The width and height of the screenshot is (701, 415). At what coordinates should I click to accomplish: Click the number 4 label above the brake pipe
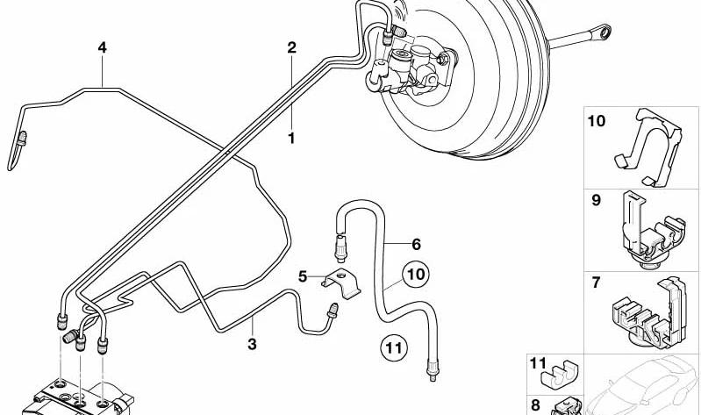pyautogui.click(x=103, y=47)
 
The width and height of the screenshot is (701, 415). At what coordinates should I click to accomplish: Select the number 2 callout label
pyautogui.click(x=291, y=47)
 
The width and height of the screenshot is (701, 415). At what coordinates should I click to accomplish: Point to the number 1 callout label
pyautogui.click(x=291, y=138)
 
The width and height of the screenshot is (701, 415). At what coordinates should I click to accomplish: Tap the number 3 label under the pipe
pyautogui.click(x=252, y=344)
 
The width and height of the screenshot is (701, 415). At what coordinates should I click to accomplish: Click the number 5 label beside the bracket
pyautogui.click(x=303, y=277)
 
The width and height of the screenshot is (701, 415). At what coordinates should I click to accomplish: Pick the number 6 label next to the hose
pyautogui.click(x=416, y=244)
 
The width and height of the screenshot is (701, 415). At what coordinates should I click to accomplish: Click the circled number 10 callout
pyautogui.click(x=415, y=274)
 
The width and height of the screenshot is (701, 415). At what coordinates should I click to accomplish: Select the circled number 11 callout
pyautogui.click(x=394, y=347)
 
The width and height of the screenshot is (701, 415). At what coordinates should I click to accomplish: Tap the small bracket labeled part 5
pyautogui.click(x=341, y=283)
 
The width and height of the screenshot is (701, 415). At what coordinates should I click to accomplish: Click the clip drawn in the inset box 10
pyautogui.click(x=650, y=147)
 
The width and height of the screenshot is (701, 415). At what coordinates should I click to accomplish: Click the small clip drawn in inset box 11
pyautogui.click(x=560, y=372)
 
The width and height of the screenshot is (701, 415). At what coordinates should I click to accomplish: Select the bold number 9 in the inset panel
pyautogui.click(x=597, y=200)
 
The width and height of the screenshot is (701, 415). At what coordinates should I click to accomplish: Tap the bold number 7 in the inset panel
pyautogui.click(x=596, y=283)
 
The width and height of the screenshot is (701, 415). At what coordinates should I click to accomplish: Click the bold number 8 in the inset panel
pyautogui.click(x=535, y=405)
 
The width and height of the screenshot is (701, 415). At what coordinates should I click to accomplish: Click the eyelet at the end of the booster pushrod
pyautogui.click(x=604, y=32)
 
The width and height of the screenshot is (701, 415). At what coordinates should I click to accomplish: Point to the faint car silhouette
pyautogui.click(x=642, y=385)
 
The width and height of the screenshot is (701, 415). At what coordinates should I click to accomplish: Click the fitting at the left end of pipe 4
pyautogui.click(x=21, y=140)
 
